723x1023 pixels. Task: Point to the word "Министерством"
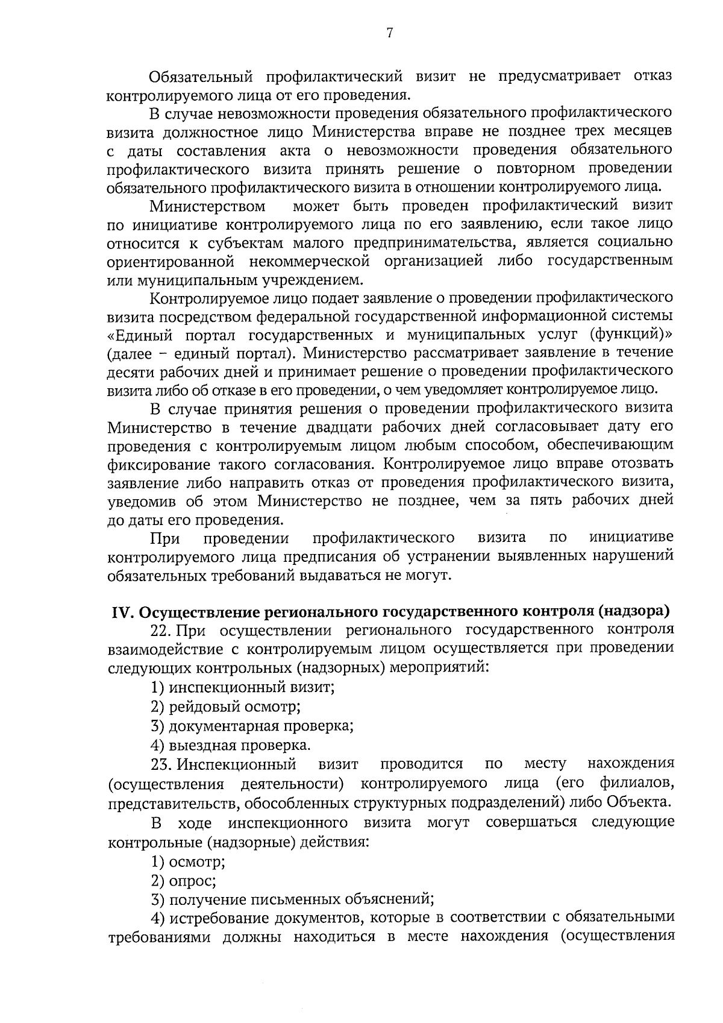coord(207,206)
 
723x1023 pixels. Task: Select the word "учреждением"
coord(313,280)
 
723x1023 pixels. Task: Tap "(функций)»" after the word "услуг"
coord(631,335)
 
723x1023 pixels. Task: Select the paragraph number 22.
coord(160,630)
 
